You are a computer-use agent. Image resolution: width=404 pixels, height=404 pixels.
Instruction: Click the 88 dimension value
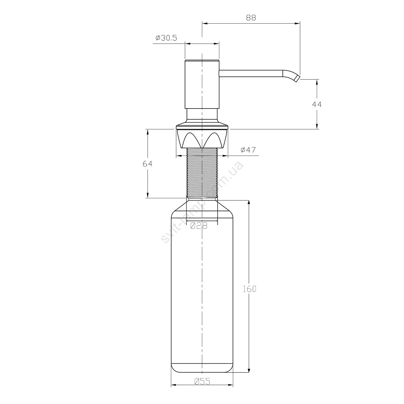point(251,18)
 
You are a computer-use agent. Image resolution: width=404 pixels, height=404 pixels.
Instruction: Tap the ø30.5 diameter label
point(166,38)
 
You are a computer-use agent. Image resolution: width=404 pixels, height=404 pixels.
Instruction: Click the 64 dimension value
point(148,163)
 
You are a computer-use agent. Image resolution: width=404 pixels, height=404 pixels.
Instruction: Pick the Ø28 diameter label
point(199,226)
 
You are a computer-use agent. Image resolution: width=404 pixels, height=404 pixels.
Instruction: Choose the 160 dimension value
point(249,289)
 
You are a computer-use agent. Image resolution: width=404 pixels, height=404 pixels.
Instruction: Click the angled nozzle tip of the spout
point(297,78)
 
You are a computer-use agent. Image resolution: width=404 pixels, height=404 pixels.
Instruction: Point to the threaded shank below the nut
point(202,172)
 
